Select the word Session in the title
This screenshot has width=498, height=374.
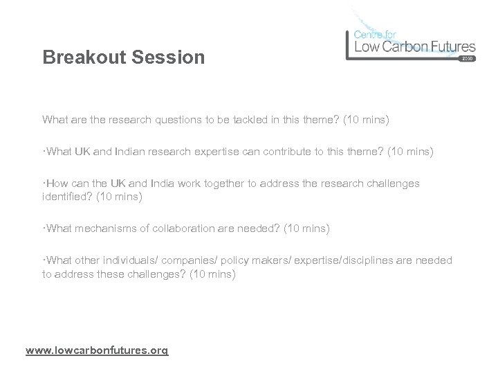169,57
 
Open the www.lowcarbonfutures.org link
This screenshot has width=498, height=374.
96,351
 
